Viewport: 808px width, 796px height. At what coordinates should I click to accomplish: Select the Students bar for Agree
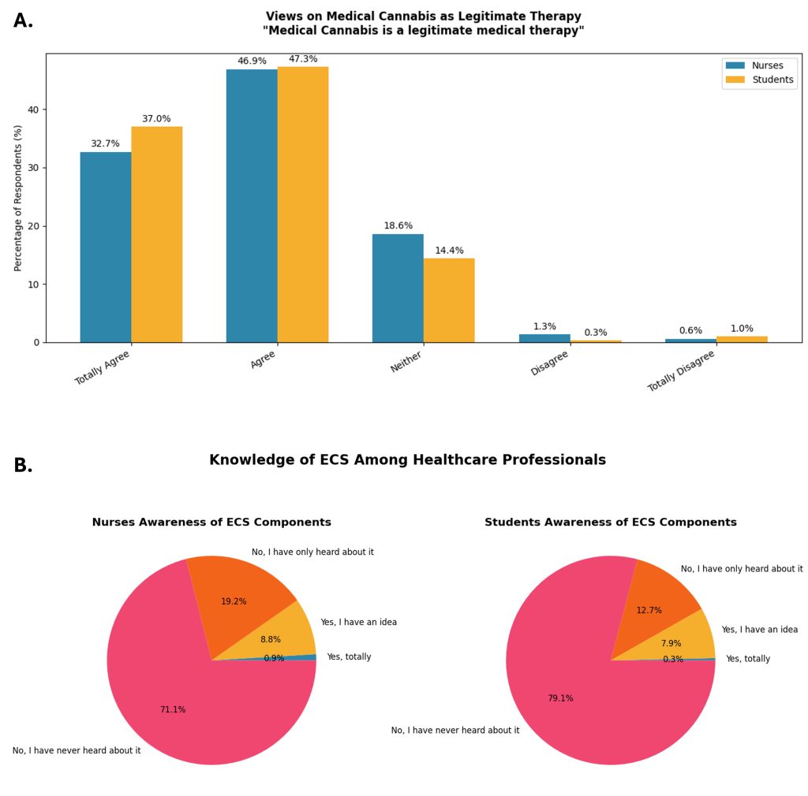302,204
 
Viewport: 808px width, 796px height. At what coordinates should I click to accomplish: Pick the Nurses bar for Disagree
544,338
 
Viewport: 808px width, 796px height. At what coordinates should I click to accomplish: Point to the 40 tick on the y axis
33,110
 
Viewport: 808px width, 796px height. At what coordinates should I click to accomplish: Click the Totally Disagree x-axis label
682,370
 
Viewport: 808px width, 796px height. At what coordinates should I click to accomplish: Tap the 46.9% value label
252,61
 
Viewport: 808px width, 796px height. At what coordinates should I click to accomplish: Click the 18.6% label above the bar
398,226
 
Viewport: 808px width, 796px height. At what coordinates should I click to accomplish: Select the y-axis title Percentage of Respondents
18,198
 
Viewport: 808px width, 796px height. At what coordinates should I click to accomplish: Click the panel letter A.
23,21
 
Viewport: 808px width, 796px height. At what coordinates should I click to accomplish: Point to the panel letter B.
23,466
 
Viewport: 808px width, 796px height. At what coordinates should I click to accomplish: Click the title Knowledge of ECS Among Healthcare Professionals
407,460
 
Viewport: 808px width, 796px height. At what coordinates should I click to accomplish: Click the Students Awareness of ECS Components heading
610,523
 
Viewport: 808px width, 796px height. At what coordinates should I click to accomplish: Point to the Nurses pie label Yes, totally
349,657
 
